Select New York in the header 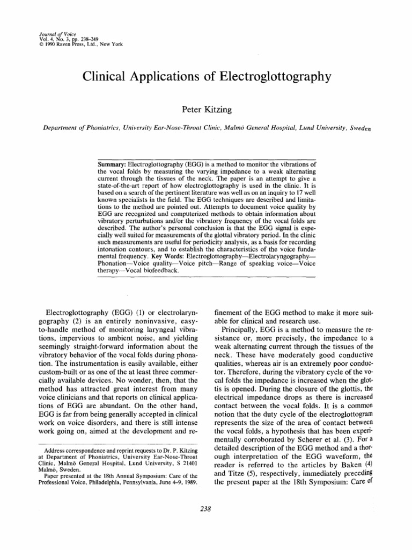pos(111,44)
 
